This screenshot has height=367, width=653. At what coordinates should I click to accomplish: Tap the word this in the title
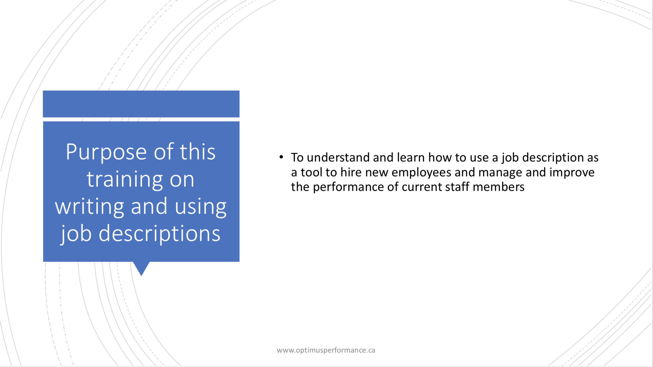(197, 152)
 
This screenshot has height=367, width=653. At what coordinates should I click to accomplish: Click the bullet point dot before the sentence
(281, 157)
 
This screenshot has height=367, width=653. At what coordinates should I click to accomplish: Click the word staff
(457, 187)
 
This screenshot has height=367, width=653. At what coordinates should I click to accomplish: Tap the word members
(498, 187)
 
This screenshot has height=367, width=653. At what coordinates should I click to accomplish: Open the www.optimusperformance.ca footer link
(326, 350)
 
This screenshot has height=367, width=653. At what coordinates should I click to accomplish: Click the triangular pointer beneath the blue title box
(141, 268)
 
